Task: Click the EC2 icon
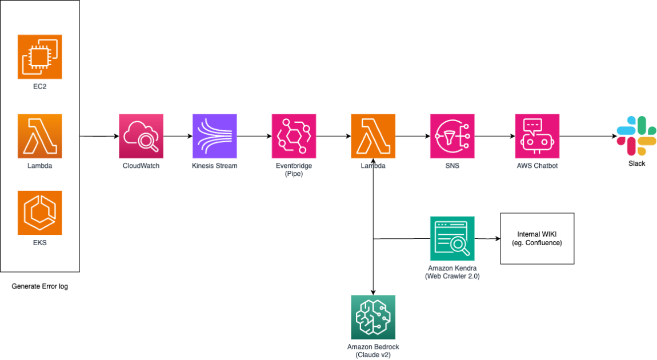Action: (39, 57)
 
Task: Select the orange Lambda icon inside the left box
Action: (39, 136)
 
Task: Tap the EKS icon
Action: (39, 213)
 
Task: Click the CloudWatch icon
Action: (141, 136)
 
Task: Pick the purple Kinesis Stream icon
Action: (214, 136)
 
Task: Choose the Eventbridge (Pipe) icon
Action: (294, 136)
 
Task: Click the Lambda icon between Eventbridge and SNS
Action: (373, 136)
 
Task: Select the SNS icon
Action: (452, 136)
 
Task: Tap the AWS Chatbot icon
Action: (537, 136)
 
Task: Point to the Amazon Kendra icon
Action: (452, 238)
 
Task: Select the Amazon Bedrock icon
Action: (373, 317)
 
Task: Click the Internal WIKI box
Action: (537, 238)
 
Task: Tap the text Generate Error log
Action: (39, 286)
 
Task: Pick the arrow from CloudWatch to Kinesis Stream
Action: (177, 137)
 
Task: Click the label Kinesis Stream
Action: (214, 166)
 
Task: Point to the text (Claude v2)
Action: (373, 354)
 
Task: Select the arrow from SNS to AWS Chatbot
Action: (494, 137)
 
